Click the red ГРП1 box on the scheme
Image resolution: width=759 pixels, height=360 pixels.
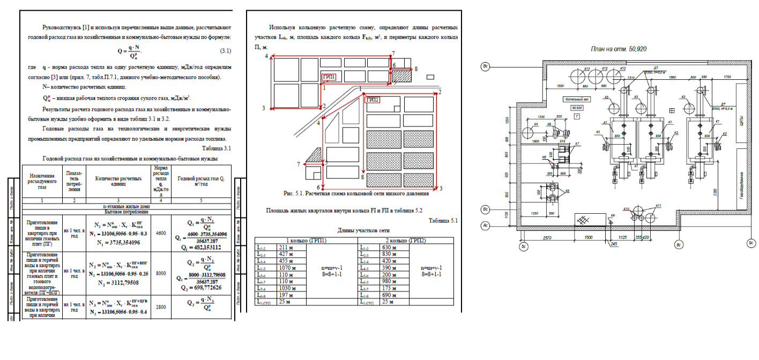[329, 77]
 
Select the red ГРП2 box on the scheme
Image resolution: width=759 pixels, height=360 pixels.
[372, 100]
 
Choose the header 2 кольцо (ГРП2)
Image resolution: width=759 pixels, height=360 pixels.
[383, 241]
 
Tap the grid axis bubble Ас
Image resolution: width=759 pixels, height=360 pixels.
[485, 226]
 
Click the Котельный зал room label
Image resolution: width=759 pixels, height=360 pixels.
[576, 100]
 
